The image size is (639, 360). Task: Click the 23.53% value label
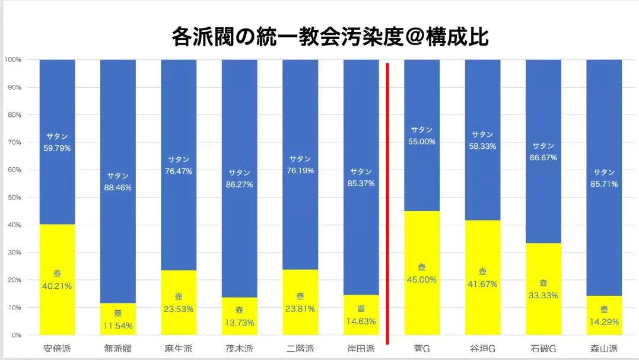click(x=179, y=308)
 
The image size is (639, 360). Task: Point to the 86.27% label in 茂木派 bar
click(x=239, y=184)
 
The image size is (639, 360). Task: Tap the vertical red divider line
click(x=387, y=202)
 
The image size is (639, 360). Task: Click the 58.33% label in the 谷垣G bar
click(x=482, y=146)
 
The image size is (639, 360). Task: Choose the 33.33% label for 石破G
click(x=543, y=295)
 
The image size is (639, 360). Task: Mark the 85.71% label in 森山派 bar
click(x=604, y=184)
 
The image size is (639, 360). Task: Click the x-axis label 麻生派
click(x=179, y=348)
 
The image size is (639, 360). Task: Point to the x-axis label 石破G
click(x=543, y=348)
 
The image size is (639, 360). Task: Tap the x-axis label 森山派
click(x=604, y=348)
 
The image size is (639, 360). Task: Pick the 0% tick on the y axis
click(x=16, y=335)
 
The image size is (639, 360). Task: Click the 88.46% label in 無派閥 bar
click(x=117, y=187)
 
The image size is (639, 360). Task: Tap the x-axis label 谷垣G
click(x=482, y=348)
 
